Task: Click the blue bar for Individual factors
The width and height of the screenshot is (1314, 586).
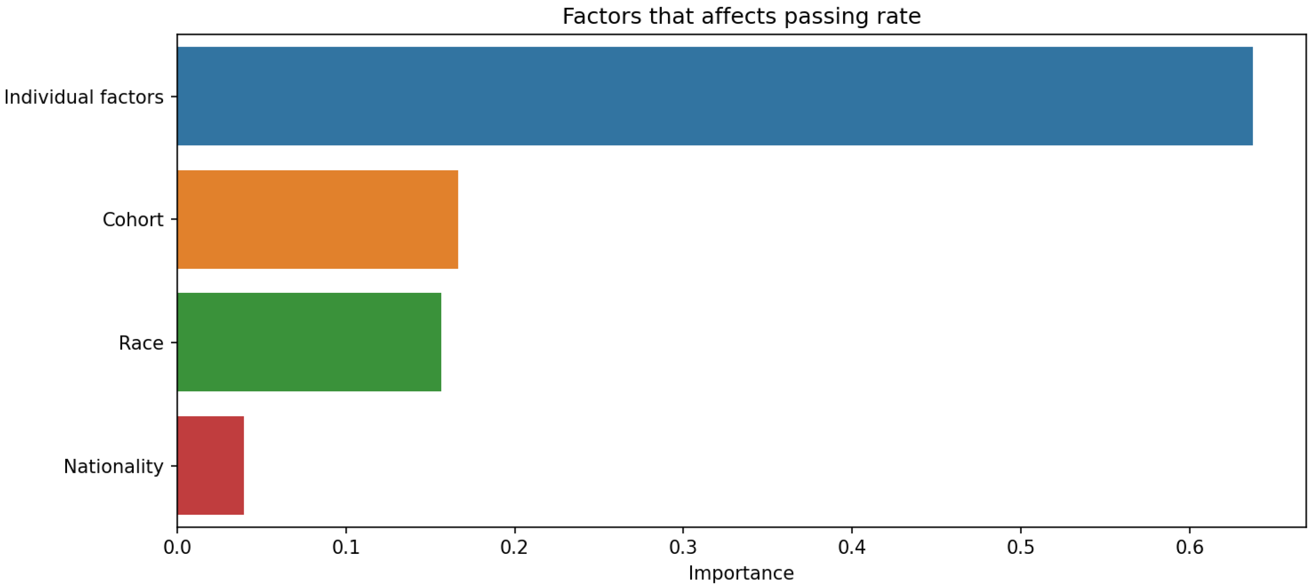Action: (714, 96)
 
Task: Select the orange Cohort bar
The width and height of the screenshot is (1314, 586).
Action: (317, 219)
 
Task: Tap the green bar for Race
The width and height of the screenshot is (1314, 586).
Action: (309, 342)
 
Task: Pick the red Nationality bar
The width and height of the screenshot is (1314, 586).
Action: (210, 465)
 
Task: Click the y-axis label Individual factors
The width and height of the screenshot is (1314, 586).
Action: (84, 97)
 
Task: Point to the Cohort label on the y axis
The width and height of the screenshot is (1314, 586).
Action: (133, 220)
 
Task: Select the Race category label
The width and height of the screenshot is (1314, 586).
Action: (141, 343)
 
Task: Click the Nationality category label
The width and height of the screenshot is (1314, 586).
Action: (113, 466)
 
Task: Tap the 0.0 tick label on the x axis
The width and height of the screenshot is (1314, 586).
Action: (177, 547)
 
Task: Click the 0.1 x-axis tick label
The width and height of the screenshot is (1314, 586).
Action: (346, 547)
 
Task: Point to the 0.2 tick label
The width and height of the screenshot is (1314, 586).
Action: (514, 547)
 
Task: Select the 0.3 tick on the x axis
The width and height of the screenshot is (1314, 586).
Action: (683, 547)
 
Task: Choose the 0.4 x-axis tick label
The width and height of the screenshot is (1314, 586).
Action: (852, 547)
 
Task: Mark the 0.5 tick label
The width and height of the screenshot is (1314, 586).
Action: (1021, 547)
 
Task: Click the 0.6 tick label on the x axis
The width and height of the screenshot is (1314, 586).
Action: (1190, 547)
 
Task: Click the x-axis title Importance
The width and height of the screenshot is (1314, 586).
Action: (741, 573)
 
